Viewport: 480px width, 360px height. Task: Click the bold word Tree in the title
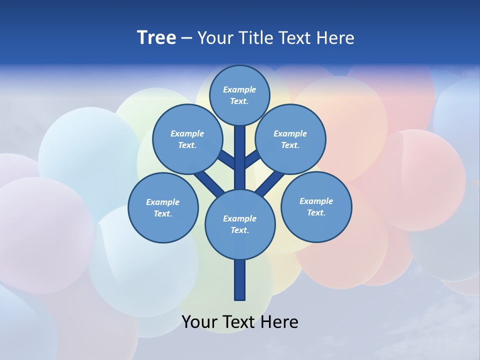click(x=156, y=38)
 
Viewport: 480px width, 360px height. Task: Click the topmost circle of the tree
click(x=239, y=95)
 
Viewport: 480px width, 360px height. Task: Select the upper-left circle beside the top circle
click(x=187, y=139)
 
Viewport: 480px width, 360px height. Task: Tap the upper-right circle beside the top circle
click(x=290, y=139)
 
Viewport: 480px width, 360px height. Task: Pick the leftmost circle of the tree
click(x=163, y=207)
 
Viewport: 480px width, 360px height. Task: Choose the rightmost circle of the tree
click(x=316, y=206)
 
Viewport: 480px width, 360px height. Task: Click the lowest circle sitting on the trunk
click(x=240, y=224)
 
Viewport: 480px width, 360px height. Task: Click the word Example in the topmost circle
click(x=239, y=89)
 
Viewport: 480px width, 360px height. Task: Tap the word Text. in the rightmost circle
click(x=316, y=212)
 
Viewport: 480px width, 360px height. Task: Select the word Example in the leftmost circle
click(x=162, y=202)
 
